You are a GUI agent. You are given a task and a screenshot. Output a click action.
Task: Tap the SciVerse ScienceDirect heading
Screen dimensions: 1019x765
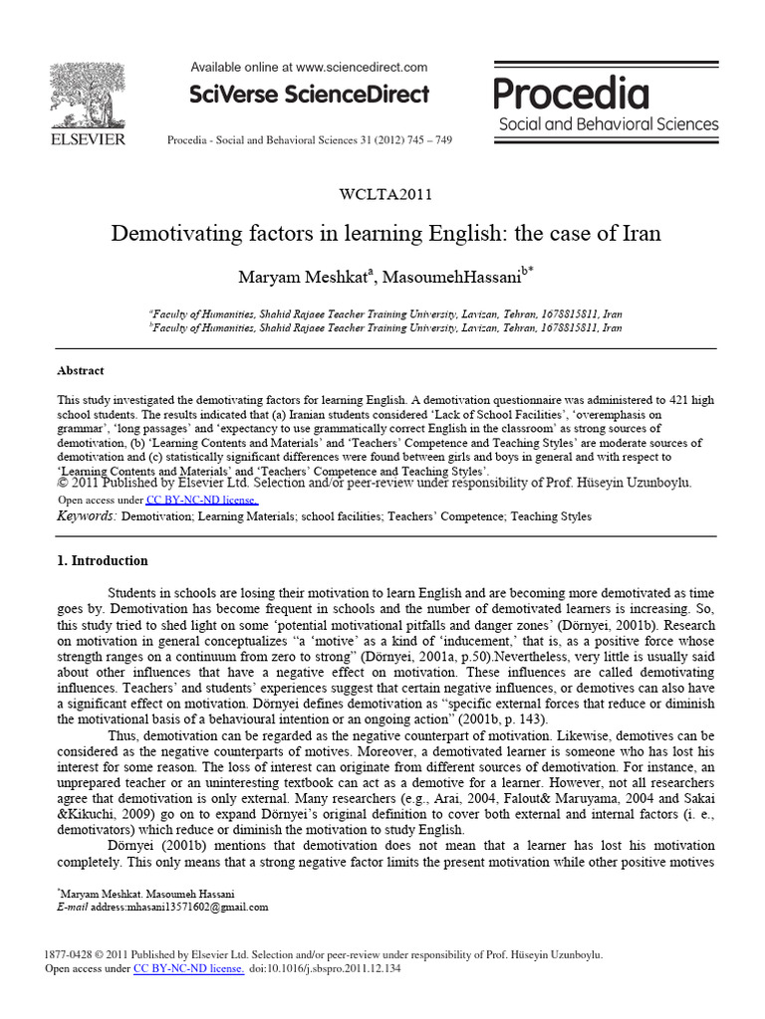pos(309,96)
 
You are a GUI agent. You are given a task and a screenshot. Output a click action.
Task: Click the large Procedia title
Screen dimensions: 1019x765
pos(571,95)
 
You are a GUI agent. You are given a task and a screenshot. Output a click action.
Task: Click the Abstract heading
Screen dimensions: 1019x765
pos(81,370)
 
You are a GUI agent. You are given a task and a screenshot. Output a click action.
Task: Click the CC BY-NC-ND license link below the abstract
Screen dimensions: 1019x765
pos(202,500)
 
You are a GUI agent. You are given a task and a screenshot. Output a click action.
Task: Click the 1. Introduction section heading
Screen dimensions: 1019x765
pos(103,560)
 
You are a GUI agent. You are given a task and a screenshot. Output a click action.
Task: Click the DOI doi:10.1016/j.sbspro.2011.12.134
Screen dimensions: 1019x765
pos(325,968)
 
